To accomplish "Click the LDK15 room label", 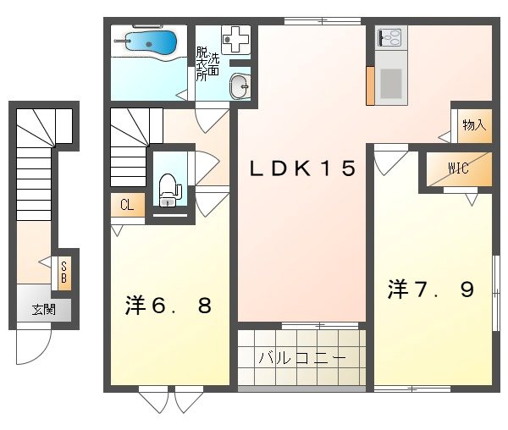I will pyautogui.click(x=301, y=168).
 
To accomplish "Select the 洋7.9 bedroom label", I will pyautogui.click(x=431, y=289).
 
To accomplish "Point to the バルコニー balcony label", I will pyautogui.click(x=302, y=358).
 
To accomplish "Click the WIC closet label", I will pyautogui.click(x=458, y=167).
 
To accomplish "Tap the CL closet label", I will pyautogui.click(x=126, y=204).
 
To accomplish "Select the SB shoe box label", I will pyautogui.click(x=63, y=272).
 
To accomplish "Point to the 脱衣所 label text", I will pyautogui.click(x=202, y=64).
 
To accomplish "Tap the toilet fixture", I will pyautogui.click(x=168, y=188).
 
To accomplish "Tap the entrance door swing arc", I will pyautogui.click(x=34, y=347).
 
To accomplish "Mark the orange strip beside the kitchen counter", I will pyautogui.click(x=370, y=84).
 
